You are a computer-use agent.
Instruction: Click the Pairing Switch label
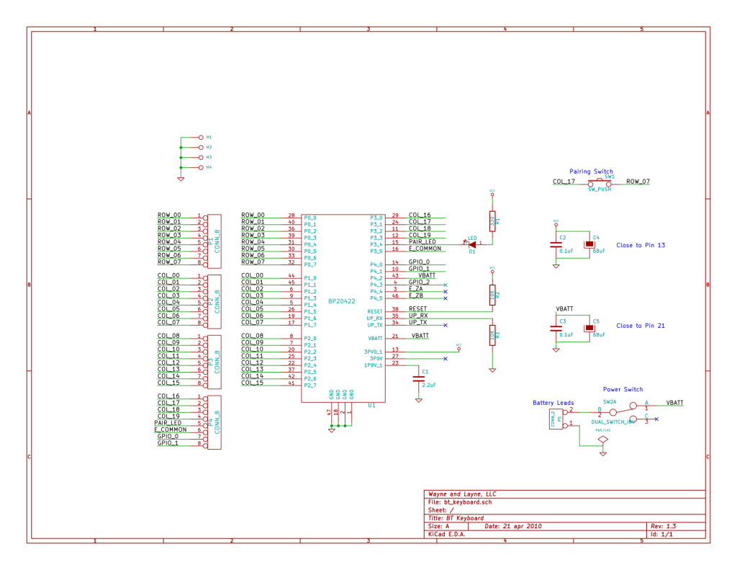click(x=591, y=172)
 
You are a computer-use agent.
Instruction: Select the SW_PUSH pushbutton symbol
click(x=600, y=182)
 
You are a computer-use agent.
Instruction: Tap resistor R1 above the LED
click(x=492, y=222)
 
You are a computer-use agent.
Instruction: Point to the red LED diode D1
click(x=473, y=244)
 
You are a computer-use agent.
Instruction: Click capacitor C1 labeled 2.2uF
click(x=419, y=378)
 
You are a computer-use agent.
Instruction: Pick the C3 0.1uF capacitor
click(x=556, y=328)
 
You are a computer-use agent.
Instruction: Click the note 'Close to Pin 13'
click(x=641, y=245)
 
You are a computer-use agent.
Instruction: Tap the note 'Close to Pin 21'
click(x=641, y=326)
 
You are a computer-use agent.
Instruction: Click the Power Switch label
click(x=623, y=389)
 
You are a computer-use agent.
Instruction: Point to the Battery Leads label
click(x=553, y=403)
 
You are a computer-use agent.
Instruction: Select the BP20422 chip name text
click(x=342, y=301)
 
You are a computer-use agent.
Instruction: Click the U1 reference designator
click(x=371, y=406)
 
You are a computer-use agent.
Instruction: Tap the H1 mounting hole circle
click(x=201, y=137)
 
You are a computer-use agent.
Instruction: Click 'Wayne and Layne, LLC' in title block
click(x=461, y=494)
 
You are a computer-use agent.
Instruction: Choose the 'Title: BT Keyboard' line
click(x=456, y=518)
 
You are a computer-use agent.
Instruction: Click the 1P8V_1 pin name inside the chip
click(x=373, y=364)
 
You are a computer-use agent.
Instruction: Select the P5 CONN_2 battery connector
click(x=556, y=418)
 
